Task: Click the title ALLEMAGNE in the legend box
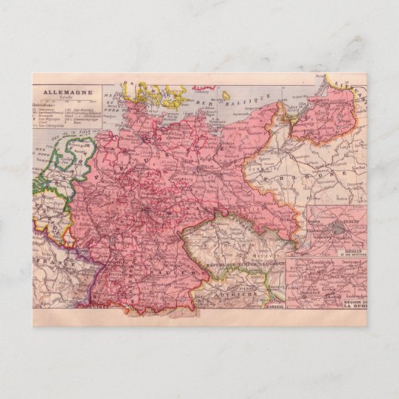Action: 67,91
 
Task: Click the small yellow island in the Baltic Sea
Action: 225,96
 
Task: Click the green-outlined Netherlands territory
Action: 64,166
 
